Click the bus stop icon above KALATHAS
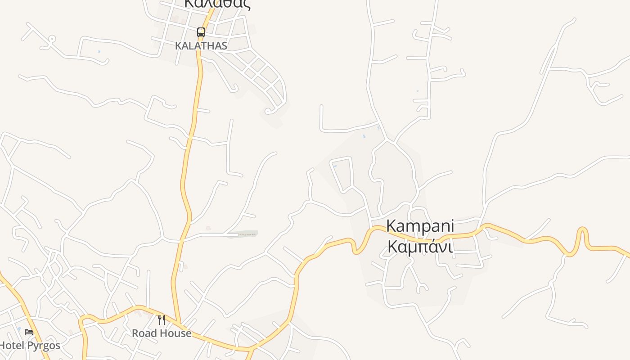click(201, 32)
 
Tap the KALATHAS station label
click(201, 46)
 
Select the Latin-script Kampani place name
click(420, 226)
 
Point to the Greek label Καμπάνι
click(420, 246)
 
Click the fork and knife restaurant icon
click(162, 320)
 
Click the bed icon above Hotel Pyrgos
click(29, 332)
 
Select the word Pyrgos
click(43, 346)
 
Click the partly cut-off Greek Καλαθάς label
click(217, 4)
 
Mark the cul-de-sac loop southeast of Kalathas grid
click(268, 111)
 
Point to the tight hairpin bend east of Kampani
click(583, 231)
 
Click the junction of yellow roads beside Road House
click(179, 323)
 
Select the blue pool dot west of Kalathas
click(99, 52)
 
